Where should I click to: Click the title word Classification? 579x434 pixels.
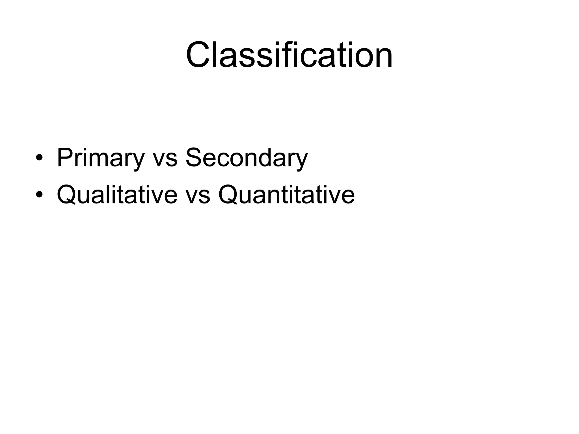pos(289,55)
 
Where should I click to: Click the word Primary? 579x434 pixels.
pos(101,158)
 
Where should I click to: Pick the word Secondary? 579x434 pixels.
pos(246,158)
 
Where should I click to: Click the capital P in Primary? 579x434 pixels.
pos(64,157)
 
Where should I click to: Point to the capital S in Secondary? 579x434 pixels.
pos(194,157)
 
